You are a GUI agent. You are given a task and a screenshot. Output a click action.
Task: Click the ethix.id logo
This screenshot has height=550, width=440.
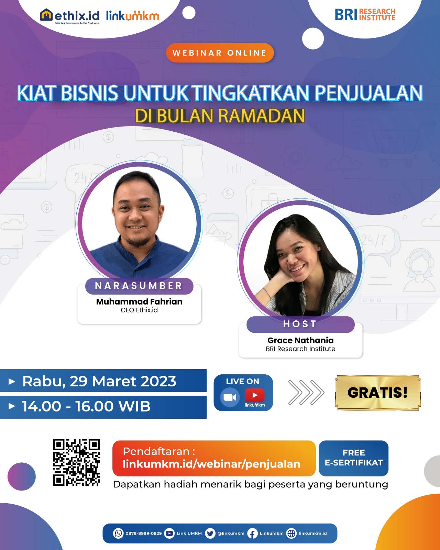click(x=69, y=16)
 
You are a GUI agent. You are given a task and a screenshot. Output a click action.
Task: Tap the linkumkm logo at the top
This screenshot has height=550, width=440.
click(x=133, y=16)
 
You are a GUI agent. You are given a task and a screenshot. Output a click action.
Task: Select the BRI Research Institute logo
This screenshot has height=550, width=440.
click(x=365, y=14)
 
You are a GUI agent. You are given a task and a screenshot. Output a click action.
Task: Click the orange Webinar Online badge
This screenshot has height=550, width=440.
click(x=220, y=53)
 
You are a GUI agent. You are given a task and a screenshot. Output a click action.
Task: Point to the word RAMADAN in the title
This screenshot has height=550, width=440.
click(x=261, y=116)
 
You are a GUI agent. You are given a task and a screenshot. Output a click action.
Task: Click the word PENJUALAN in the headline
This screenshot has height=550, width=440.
click(x=368, y=93)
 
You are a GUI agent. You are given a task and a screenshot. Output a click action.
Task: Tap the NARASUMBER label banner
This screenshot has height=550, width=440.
click(x=139, y=286)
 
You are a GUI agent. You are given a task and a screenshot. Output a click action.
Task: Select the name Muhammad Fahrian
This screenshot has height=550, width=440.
click(x=139, y=301)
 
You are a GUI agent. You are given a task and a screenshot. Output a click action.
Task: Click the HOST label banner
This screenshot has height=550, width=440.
click(x=300, y=324)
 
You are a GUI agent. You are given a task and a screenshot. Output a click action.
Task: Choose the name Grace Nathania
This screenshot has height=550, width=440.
click(x=300, y=340)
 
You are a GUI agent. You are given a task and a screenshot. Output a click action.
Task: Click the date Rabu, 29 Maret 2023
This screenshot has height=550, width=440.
click(x=99, y=381)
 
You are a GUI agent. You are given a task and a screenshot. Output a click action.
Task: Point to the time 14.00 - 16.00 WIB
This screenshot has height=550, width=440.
click(x=86, y=406)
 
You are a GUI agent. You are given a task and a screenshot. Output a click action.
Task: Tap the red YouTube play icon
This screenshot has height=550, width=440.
click(x=255, y=395)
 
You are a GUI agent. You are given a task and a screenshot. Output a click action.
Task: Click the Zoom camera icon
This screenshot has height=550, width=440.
click(x=230, y=397)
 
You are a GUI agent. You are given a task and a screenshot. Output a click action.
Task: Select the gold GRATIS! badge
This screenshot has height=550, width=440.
click(x=378, y=393)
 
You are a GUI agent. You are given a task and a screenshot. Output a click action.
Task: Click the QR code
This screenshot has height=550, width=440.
click(x=76, y=462)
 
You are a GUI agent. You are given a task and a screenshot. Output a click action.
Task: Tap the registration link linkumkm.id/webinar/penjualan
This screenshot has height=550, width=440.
click(x=211, y=464)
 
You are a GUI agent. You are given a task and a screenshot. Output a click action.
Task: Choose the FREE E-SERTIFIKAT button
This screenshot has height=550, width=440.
click(x=354, y=458)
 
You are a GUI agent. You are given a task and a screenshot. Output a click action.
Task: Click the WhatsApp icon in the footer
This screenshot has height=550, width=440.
click(x=118, y=533)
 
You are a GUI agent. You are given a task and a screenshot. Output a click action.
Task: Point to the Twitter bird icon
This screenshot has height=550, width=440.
click(x=210, y=533)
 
